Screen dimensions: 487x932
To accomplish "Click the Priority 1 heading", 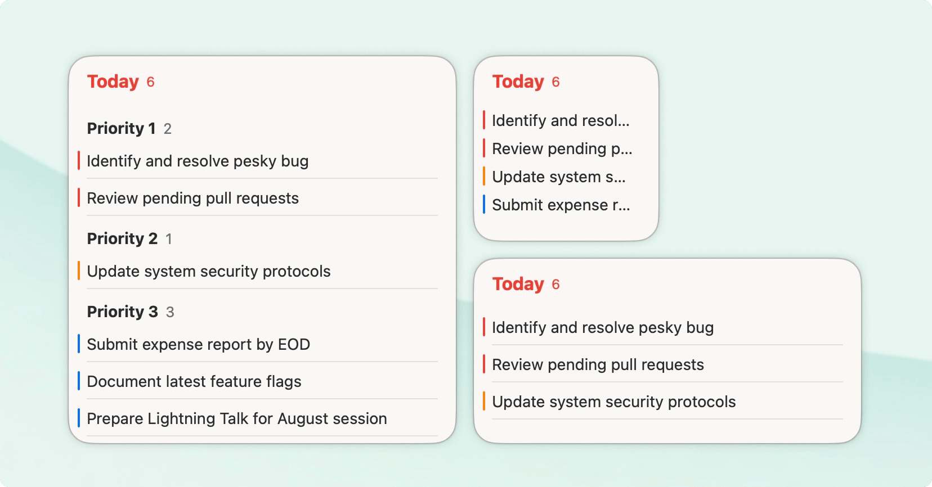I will pyautogui.click(x=121, y=129).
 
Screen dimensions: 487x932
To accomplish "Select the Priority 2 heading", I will pyautogui.click(x=122, y=239).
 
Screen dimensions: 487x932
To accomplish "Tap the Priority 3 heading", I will pyautogui.click(x=122, y=312).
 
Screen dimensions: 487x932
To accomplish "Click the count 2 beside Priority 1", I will pyautogui.click(x=168, y=129).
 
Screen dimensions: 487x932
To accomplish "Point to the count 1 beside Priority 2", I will pyautogui.click(x=168, y=240).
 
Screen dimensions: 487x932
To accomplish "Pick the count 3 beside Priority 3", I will pyautogui.click(x=170, y=313).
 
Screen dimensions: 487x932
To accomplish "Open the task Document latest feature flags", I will pyautogui.click(x=194, y=382).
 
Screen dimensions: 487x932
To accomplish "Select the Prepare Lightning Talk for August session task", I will pyautogui.click(x=236, y=419).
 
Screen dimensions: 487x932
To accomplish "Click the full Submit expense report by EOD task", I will pyautogui.click(x=198, y=345).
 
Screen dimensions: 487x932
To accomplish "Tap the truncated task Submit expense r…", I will pyautogui.click(x=561, y=205).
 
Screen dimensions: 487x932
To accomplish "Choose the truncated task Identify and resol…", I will pyautogui.click(x=561, y=121).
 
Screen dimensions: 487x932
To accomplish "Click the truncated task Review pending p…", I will pyautogui.click(x=562, y=149).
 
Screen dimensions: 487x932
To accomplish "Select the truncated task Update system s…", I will pyautogui.click(x=558, y=177).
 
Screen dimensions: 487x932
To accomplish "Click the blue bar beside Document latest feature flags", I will pyautogui.click(x=79, y=381).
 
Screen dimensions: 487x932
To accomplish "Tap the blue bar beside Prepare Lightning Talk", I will pyautogui.click(x=79, y=418).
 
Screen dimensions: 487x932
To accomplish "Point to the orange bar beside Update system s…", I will pyautogui.click(x=484, y=177).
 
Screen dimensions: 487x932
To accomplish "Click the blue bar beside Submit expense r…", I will pyautogui.click(x=484, y=205).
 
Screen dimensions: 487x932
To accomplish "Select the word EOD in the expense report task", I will pyautogui.click(x=294, y=345).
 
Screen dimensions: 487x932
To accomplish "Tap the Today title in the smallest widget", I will pyautogui.click(x=518, y=82).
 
